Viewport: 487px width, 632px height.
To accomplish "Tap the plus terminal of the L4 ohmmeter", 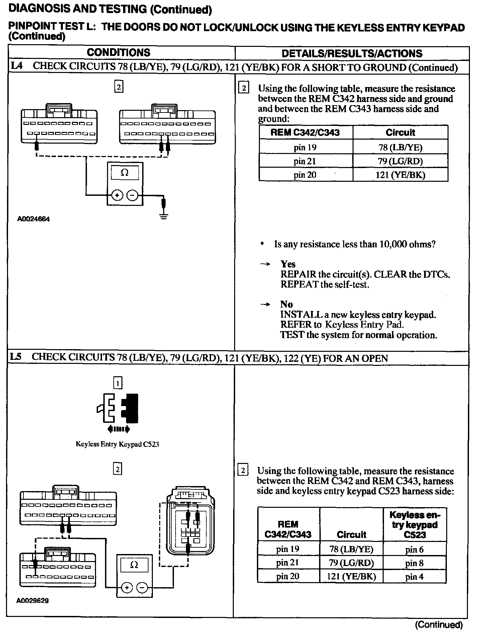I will (117, 195).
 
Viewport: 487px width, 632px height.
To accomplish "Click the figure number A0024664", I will (34, 219).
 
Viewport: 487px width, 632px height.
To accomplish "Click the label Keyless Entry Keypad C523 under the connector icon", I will (117, 444).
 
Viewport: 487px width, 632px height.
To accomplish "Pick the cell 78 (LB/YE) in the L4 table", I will (400, 147).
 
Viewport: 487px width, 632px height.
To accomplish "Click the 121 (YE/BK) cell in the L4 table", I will (400, 175).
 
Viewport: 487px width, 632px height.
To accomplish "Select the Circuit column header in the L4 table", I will (400, 133).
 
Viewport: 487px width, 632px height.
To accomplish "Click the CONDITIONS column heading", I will (118, 53).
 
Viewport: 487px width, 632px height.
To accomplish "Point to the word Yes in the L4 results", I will (288, 264).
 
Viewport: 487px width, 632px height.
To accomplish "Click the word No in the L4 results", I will (287, 304).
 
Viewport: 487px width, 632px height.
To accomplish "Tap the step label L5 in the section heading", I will (16, 357).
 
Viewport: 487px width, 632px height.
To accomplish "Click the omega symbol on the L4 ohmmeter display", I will (124, 173).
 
